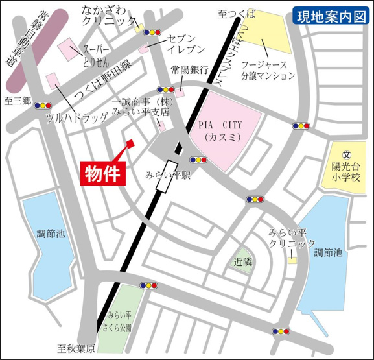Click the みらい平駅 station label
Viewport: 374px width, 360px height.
pos(168,176)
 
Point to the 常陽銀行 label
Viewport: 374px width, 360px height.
pos(189,70)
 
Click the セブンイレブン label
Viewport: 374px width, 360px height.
pos(185,43)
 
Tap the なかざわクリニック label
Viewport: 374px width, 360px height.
pos(109,16)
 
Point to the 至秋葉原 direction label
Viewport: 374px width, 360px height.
pos(75,349)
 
